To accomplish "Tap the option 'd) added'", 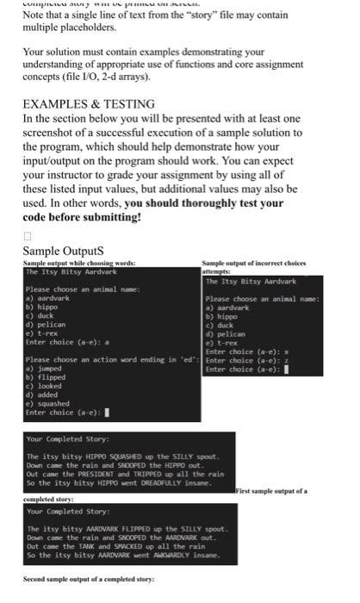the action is [x=41, y=396].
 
